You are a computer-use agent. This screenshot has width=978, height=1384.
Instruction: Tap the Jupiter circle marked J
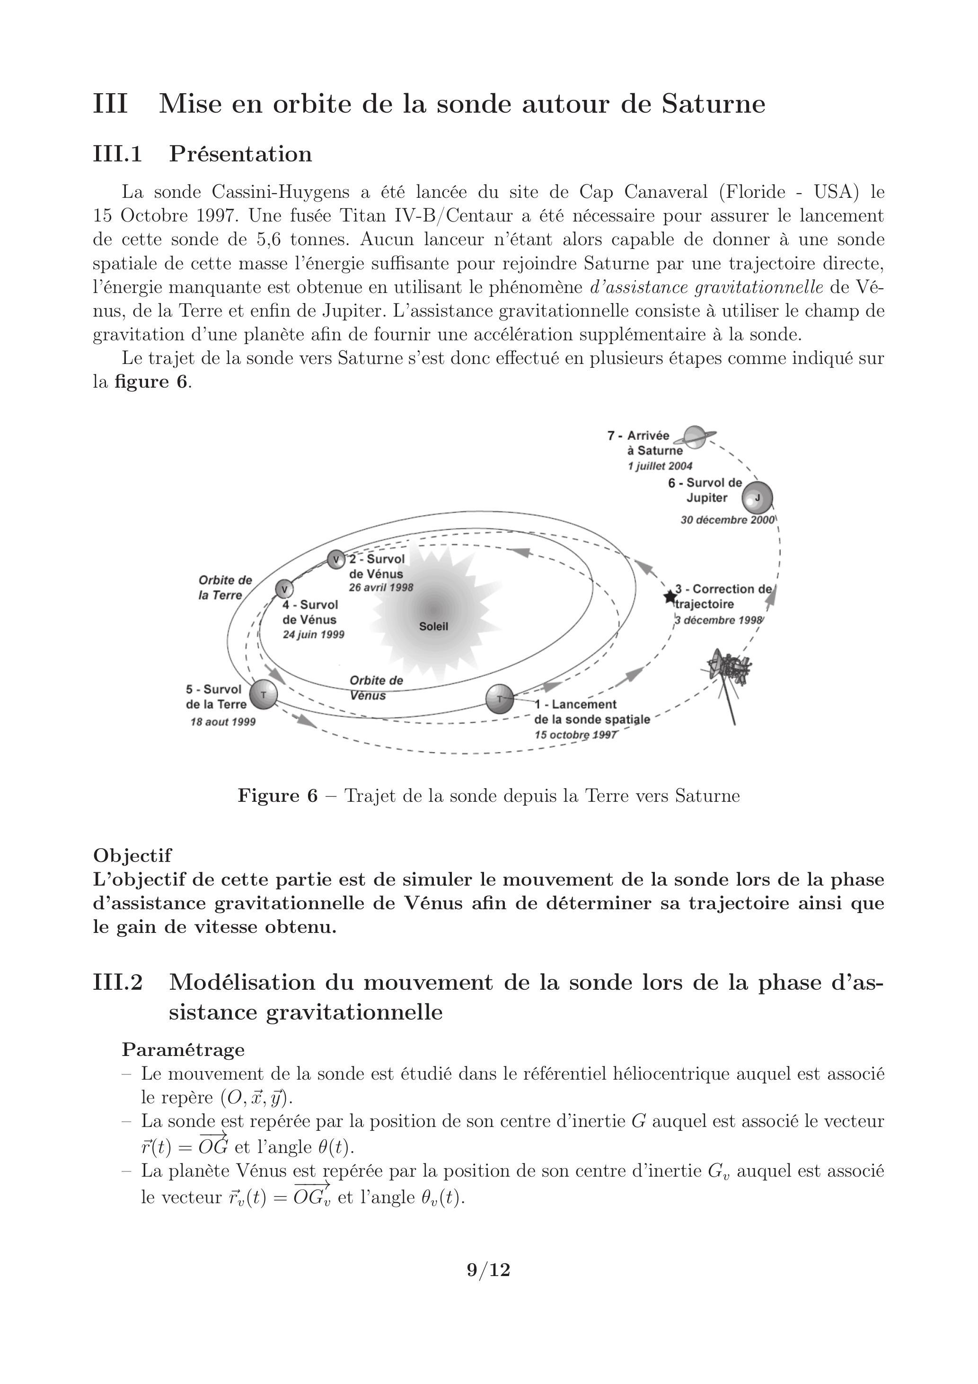[757, 498]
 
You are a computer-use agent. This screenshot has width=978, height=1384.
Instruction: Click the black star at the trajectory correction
[670, 597]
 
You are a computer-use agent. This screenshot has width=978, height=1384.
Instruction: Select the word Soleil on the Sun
[434, 626]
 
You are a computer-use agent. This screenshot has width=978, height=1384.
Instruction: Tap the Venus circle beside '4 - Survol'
[284, 589]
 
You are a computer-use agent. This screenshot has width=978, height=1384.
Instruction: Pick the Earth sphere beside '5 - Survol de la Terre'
[263, 695]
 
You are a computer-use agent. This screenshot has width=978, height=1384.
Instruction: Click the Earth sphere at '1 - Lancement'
[500, 699]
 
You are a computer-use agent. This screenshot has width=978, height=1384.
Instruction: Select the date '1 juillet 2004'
[660, 466]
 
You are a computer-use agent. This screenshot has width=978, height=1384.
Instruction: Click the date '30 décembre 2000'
[727, 520]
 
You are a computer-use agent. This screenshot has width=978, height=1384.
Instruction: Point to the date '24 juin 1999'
[313, 635]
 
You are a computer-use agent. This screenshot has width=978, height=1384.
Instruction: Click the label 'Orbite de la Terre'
[224, 588]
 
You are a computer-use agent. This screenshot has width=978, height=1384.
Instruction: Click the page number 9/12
[489, 1270]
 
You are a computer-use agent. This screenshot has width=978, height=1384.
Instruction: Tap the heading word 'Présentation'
[240, 154]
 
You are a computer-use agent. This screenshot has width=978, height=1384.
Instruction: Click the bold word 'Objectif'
[132, 855]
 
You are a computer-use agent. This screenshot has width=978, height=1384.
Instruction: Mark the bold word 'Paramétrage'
[183, 1049]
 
